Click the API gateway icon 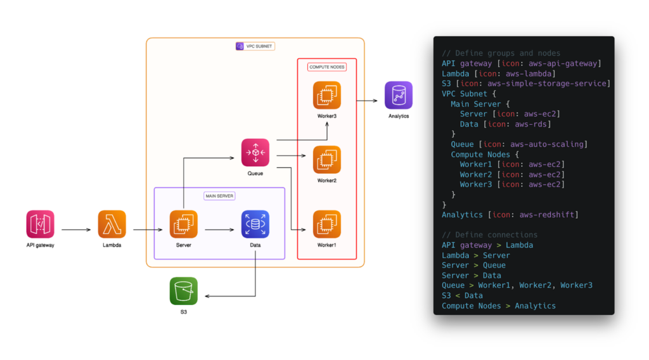(x=41, y=224)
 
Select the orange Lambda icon (x=112, y=224)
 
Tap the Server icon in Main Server (x=184, y=224)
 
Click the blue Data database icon (x=255, y=224)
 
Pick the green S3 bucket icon (x=184, y=291)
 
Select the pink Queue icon (x=255, y=152)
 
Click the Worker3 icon (x=327, y=95)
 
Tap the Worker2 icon (x=327, y=160)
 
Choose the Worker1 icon (x=327, y=224)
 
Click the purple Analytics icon (x=399, y=95)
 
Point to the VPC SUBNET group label (x=255, y=46)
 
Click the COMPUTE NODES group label (x=327, y=67)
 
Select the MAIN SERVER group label (x=219, y=196)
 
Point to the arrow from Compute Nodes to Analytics (x=371, y=100)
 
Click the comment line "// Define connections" (x=489, y=235)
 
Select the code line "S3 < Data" (x=462, y=295)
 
